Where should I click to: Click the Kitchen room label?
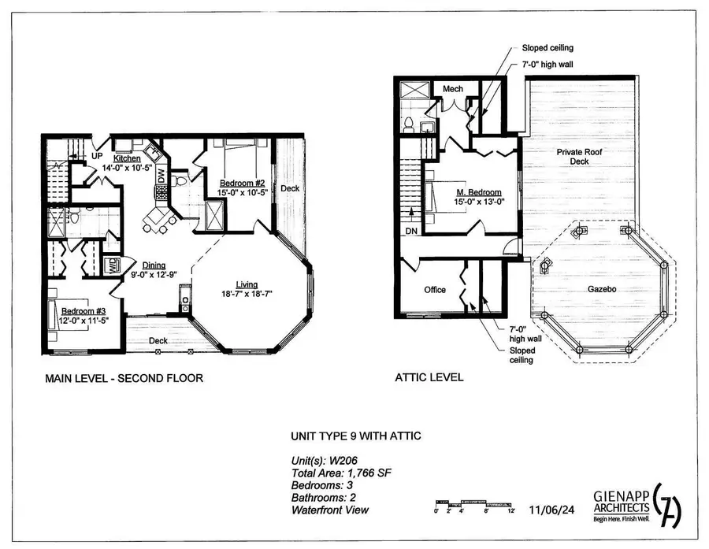pos(127,158)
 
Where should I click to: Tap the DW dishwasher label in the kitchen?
pos(161,176)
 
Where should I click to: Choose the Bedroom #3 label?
pos(79,311)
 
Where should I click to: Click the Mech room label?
pos(452,89)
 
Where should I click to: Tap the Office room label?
pos(435,290)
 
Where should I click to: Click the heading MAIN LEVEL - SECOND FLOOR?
pos(124,378)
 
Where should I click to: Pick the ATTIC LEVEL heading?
pos(429,378)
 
